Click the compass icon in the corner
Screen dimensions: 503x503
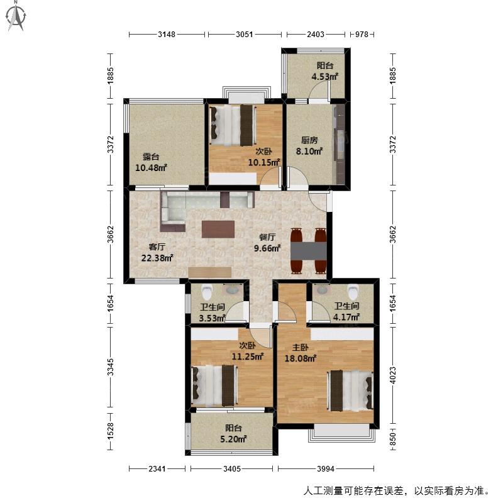pos(16,17)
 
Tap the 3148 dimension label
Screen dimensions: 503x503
pos(167,35)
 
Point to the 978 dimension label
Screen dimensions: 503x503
pos(362,35)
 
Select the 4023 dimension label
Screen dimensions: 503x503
pos(392,375)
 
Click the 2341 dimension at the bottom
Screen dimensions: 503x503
pos(157,468)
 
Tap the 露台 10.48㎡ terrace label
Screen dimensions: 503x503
pos(151,162)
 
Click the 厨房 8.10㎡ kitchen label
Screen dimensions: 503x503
pos(309,146)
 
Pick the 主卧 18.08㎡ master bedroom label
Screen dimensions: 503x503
pos(301,353)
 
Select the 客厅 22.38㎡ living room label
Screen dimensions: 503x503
pos(157,252)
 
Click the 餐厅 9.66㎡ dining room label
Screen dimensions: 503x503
pos(267,243)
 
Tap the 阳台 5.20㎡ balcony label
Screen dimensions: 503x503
pos(233,433)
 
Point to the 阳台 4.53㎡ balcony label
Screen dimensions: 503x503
pos(325,71)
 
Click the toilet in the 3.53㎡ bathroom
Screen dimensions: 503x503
pos(207,292)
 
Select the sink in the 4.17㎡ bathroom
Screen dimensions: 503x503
pos(322,290)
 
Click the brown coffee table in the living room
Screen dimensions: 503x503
pos(218,229)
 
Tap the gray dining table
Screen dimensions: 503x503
pos(309,251)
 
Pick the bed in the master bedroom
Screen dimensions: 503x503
pos(350,390)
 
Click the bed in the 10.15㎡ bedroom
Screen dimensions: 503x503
pos(233,125)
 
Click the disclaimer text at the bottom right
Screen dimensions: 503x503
pos(397,491)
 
